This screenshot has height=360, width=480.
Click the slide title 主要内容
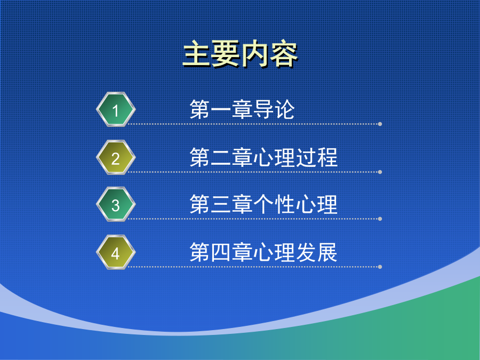coord(241,54)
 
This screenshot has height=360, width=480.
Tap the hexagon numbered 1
coord(116,109)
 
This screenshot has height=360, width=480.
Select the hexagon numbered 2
coord(116,158)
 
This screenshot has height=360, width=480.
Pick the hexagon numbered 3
coord(116,204)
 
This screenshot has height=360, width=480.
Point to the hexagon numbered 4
coord(116,253)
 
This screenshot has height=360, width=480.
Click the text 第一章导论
coord(242,109)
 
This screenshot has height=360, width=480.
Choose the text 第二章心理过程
coord(263,157)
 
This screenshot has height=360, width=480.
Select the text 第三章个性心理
coord(263,204)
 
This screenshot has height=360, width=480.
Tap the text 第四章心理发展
coord(263,252)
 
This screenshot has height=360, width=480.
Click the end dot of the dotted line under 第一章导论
coord(380,124)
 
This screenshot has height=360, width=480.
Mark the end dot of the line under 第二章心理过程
coord(380,172)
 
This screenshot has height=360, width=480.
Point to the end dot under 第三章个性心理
coord(380,219)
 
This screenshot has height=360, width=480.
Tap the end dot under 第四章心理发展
coord(380,267)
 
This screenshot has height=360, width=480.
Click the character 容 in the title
coord(284,54)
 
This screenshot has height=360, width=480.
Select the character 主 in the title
coord(197,54)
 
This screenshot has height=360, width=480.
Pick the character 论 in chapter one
coord(285,109)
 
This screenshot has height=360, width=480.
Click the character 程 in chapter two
coord(327,157)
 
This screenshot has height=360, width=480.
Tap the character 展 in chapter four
coord(327,252)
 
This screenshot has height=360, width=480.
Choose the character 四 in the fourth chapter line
coord(221,253)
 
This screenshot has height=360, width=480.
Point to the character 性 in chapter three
coord(285,204)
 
